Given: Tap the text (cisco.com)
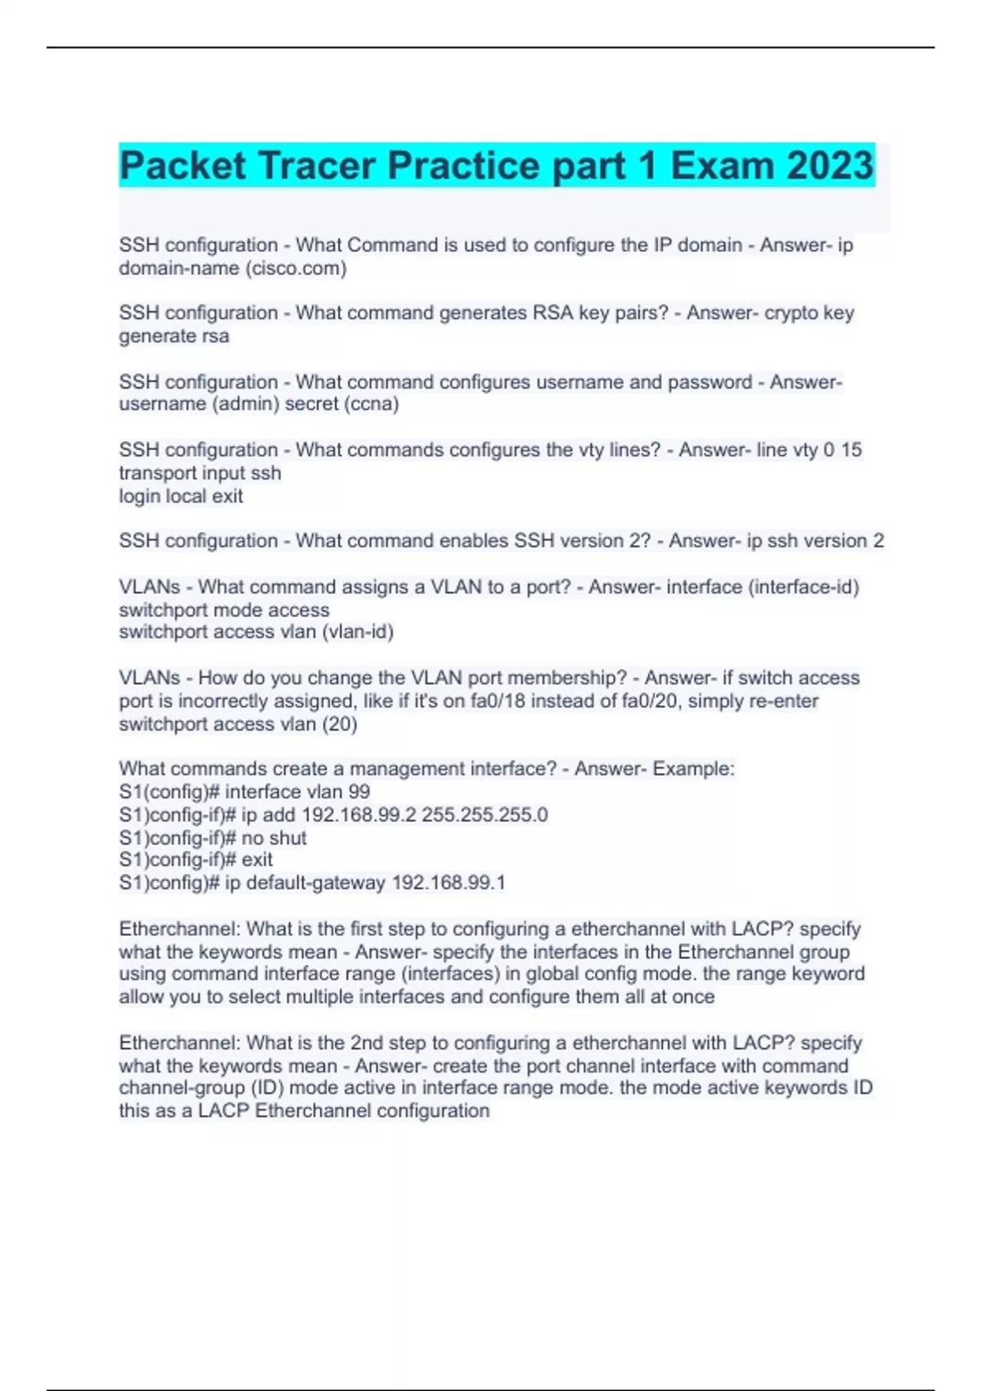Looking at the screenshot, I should pos(295,268).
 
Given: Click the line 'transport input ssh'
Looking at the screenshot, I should pos(200,473).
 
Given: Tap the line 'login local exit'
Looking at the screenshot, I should pos(181,496).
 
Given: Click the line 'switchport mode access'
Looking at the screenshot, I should pos(224,610).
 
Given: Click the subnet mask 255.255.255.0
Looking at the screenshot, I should pos(484,815).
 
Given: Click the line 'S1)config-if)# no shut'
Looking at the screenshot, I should pos(213,838).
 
